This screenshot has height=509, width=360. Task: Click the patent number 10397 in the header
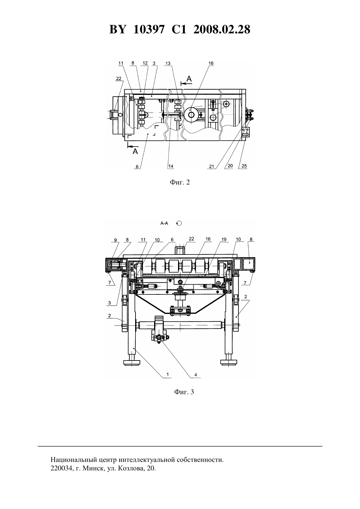point(149,29)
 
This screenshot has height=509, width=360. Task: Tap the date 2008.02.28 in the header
point(222,29)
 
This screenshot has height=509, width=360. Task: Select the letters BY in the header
point(117,29)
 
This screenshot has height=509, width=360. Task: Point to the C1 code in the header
point(179,29)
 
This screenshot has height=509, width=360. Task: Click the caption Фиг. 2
point(180,182)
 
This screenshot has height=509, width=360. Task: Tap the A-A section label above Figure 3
point(164,223)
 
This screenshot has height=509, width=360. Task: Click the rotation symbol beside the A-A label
point(179,223)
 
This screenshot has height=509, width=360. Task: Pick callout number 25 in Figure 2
point(244,166)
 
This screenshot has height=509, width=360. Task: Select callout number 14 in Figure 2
point(171,166)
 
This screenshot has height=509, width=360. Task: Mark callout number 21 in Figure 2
point(212,166)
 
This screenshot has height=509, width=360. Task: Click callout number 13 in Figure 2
point(168,63)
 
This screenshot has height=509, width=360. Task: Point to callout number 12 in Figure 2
point(145,63)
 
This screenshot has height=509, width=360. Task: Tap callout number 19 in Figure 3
point(224,239)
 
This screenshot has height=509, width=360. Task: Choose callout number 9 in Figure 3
point(116,240)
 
